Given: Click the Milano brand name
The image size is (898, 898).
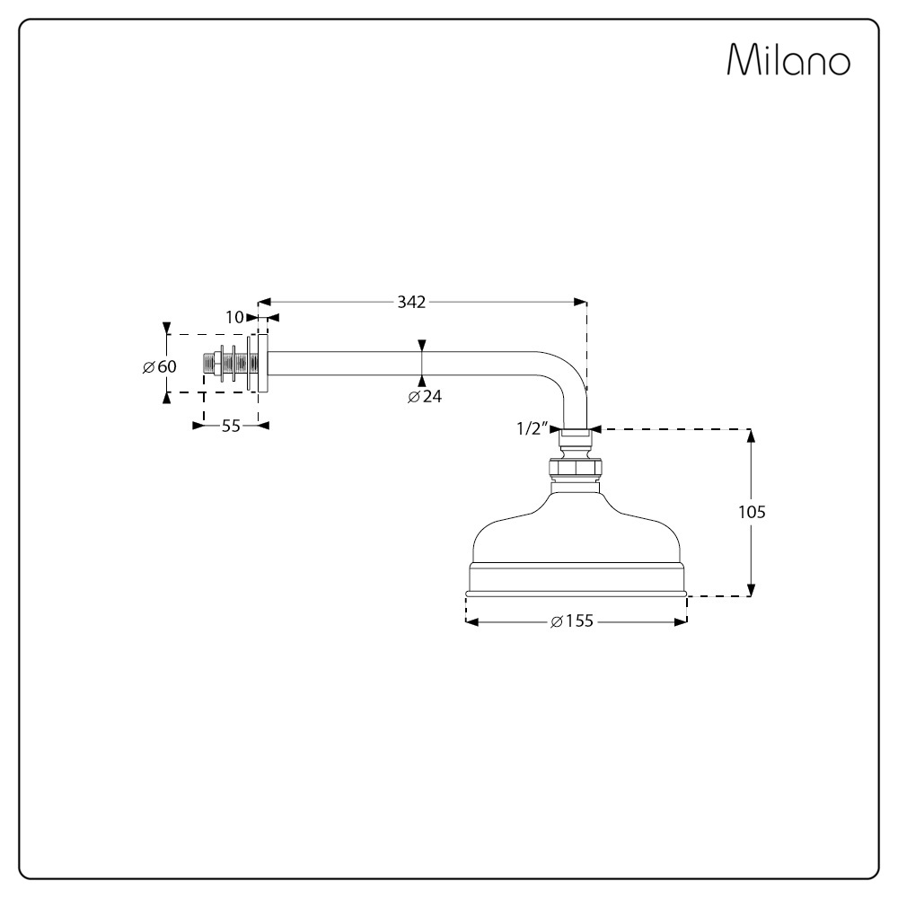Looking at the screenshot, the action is click(788, 59).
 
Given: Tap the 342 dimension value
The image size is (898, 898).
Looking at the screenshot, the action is click(412, 302).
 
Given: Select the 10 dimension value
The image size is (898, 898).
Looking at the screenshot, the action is click(234, 317).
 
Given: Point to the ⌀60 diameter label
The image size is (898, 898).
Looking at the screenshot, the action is click(160, 366).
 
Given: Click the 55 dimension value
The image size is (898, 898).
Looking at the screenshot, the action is click(231, 426).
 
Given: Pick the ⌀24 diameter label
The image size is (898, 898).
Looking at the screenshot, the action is click(425, 396).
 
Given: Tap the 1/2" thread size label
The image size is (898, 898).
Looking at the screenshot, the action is click(533, 428).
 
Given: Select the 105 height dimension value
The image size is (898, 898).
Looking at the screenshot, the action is click(752, 512).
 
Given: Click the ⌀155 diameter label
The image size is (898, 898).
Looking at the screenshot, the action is click(572, 621).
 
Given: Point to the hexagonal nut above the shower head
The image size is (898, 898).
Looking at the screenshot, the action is click(576, 468).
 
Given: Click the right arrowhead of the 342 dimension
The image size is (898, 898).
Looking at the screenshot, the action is click(581, 302).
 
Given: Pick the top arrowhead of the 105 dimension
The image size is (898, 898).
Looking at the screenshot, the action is click(752, 436).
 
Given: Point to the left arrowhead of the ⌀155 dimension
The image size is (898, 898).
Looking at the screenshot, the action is click(472, 622).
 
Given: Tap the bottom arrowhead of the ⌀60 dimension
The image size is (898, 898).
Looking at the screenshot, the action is click(167, 398).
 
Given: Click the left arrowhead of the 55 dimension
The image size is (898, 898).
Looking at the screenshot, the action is click(198, 426).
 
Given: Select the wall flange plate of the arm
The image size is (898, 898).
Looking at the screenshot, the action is click(262, 364).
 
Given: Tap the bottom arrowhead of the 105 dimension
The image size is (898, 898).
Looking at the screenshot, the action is click(752, 589).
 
